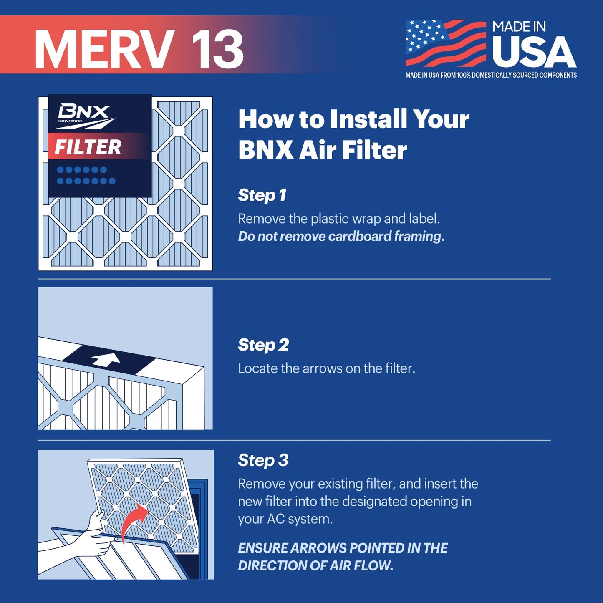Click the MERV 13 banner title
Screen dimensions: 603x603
[139, 49]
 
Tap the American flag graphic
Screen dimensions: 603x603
[446, 43]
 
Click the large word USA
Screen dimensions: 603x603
[534, 53]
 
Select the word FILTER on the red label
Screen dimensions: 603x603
[88, 147]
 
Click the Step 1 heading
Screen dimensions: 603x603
[262, 195]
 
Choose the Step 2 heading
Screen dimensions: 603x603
[263, 345]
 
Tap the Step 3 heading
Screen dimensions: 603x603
[263, 460]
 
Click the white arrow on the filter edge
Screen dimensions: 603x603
[106, 359]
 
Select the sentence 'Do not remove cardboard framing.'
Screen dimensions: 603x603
[341, 236]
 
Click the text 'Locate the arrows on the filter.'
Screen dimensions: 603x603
[326, 368]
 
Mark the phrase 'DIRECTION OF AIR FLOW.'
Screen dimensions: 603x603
[315, 565]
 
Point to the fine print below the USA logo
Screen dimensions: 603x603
[491, 75]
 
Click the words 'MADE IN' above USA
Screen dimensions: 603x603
[519, 27]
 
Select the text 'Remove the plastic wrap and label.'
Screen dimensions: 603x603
[339, 219]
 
